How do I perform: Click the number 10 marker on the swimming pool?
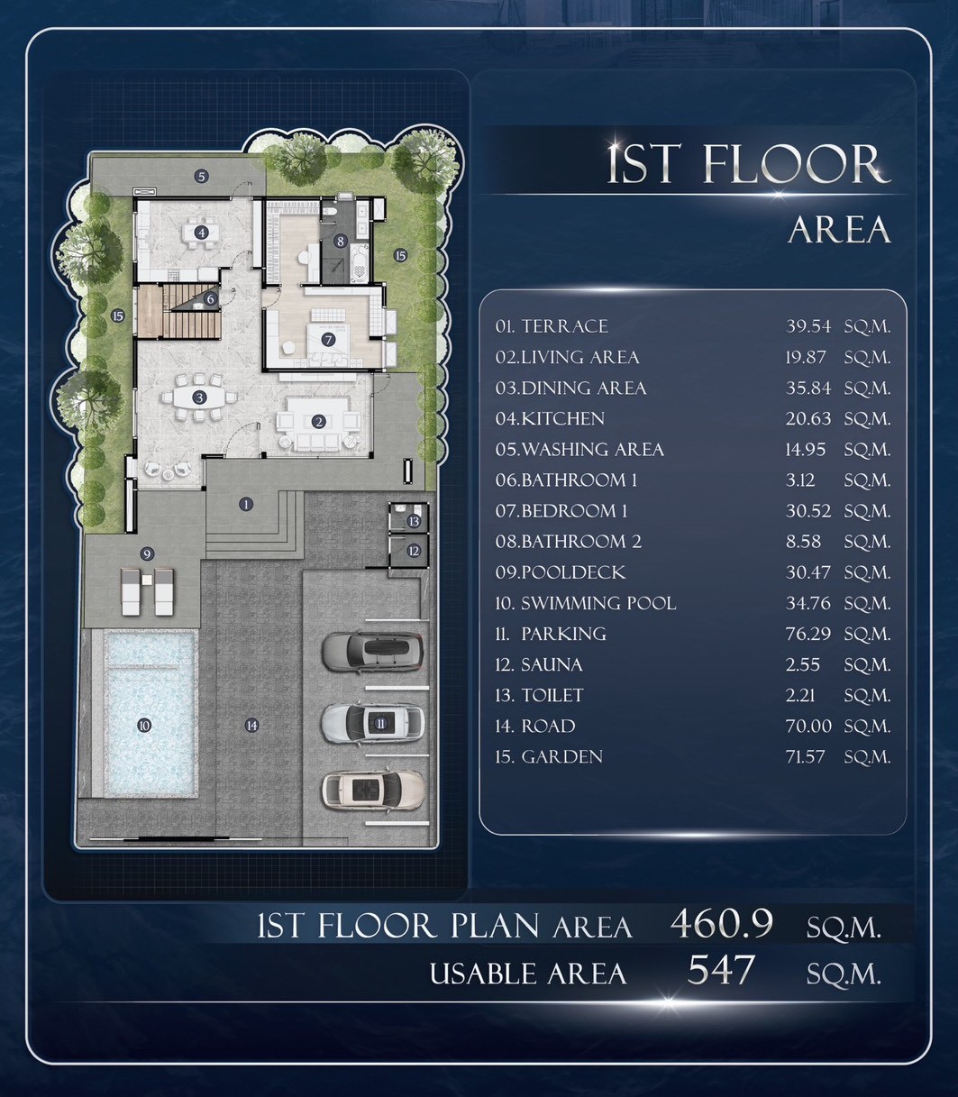point(143,726)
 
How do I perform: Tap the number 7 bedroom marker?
point(327,339)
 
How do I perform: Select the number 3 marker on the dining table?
point(199,398)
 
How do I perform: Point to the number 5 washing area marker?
point(201,176)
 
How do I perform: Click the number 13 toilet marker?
point(414,521)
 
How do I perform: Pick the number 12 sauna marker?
point(414,551)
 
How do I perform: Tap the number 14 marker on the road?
point(251,726)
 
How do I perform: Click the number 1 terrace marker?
point(246,504)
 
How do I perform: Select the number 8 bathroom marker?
point(341,242)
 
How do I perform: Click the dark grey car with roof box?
point(372,652)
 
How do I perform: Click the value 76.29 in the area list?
point(807,634)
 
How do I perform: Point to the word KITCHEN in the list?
point(563,419)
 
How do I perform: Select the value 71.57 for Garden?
point(805,756)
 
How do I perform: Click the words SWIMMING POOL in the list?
point(598,603)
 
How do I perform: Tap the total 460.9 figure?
point(721,923)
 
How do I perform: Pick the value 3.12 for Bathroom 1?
point(800,480)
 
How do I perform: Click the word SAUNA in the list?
point(552,665)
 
